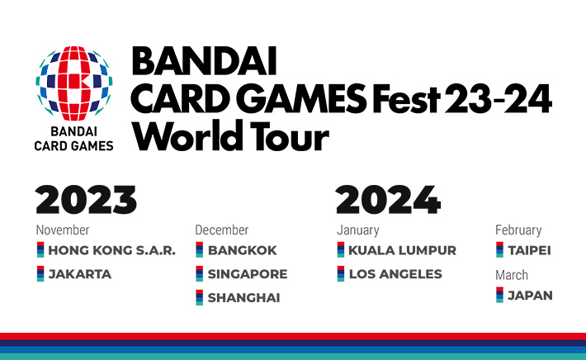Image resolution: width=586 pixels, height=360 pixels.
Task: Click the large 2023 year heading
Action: (87, 201)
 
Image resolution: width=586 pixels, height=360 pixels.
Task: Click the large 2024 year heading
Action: (388, 201)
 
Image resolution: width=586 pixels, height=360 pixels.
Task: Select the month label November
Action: (63, 230)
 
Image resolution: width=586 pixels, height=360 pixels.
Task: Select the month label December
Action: (221, 230)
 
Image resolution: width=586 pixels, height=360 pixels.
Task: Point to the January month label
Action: (358, 230)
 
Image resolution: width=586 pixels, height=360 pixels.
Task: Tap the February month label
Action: (518, 230)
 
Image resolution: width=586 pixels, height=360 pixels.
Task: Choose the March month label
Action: (512, 275)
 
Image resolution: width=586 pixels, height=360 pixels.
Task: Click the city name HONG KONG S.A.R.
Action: (111, 250)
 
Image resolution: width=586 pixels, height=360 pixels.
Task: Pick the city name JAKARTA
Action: (79, 274)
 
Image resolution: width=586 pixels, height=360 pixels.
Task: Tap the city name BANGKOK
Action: (242, 250)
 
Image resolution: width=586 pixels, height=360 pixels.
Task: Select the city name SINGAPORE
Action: (247, 274)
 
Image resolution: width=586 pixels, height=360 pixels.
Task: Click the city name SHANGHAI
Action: (243, 298)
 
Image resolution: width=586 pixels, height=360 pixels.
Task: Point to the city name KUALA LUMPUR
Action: (402, 250)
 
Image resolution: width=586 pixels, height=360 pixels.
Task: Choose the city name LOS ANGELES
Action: (395, 274)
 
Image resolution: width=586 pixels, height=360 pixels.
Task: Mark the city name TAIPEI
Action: (529, 250)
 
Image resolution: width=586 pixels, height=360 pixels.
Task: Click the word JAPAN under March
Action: (530, 295)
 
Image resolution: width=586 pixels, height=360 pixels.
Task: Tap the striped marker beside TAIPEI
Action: (499, 250)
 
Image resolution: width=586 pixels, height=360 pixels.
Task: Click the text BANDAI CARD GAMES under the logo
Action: (74, 138)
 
